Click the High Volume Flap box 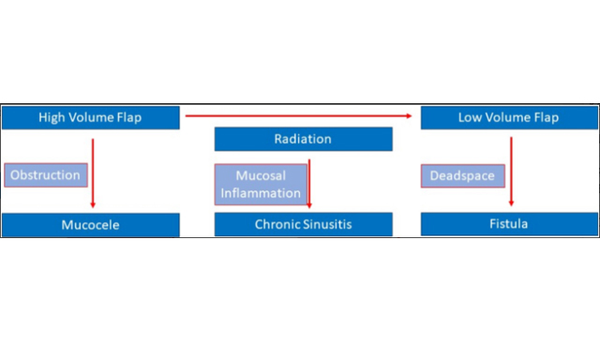tap(90, 117)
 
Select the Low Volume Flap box tap(507, 117)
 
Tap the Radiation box tap(303, 140)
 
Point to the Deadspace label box tap(461, 174)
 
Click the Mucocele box tap(90, 225)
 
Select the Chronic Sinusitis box tap(303, 225)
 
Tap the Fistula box tap(507, 225)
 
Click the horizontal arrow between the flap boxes tap(298, 115)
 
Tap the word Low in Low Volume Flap tap(470, 117)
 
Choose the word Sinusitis tap(328, 225)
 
